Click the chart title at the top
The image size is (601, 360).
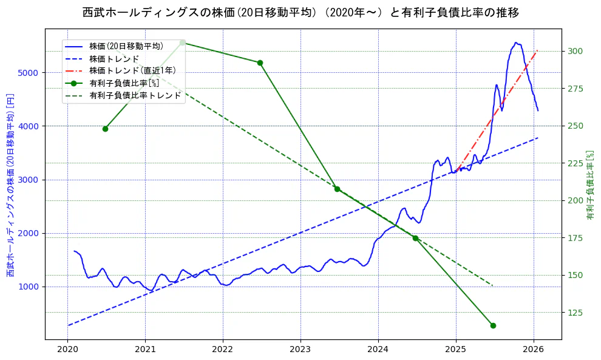point(300,13)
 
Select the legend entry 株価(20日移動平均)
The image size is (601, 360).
point(126,46)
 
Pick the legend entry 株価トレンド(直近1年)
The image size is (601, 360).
point(132,70)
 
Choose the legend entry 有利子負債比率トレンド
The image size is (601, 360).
point(135,95)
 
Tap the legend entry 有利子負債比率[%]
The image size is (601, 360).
point(124,83)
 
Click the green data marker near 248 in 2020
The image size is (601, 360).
point(105,129)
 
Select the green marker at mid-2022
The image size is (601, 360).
point(260,63)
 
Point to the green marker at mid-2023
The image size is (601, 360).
point(337,189)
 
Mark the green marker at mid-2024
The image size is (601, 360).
point(415,238)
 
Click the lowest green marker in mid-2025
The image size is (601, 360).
point(493,325)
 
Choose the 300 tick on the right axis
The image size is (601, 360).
point(574,51)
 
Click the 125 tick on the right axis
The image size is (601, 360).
point(574,313)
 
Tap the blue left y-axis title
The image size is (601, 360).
point(10,185)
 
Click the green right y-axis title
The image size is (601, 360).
point(589,185)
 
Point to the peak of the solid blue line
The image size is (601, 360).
point(515,42)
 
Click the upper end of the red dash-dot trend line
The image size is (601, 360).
point(537,50)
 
